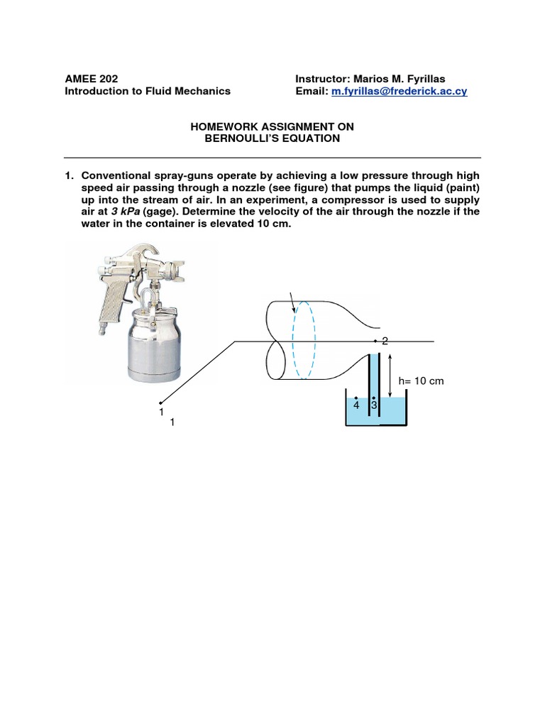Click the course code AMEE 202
[92, 79]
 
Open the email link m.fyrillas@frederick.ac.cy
[400, 92]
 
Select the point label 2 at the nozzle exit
[385, 341]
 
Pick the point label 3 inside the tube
[374, 404]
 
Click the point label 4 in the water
[357, 404]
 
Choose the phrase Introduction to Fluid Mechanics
[148, 92]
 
